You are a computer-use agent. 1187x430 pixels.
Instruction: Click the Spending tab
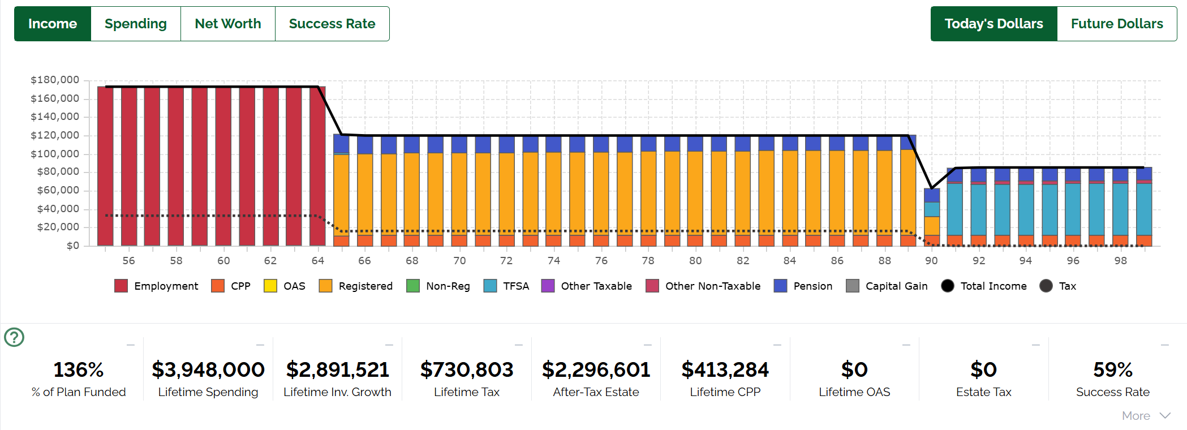(x=136, y=24)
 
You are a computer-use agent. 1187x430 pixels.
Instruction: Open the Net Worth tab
(x=228, y=24)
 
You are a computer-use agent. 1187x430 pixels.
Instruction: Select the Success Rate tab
(x=332, y=24)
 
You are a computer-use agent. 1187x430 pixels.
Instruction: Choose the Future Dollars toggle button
(x=1116, y=24)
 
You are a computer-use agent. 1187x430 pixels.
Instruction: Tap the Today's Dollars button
(x=994, y=24)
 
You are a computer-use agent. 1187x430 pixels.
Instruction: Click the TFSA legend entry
(x=507, y=286)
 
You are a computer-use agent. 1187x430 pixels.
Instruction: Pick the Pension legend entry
(x=803, y=286)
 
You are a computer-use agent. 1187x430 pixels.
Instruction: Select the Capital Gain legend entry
(x=887, y=286)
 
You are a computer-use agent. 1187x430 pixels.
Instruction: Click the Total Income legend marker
(x=948, y=286)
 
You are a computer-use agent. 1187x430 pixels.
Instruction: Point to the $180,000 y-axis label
(x=55, y=80)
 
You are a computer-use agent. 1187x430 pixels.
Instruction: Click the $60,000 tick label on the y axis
(x=58, y=190)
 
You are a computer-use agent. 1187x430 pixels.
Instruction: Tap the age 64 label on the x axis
(x=318, y=260)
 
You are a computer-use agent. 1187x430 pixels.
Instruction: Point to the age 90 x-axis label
(x=931, y=260)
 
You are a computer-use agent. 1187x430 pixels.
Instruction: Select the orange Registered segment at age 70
(x=459, y=192)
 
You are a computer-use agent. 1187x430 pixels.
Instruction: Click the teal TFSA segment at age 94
(x=1026, y=209)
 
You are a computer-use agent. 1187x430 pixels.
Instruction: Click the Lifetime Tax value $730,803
(x=467, y=369)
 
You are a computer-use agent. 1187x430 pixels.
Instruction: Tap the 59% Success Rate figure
(x=1112, y=369)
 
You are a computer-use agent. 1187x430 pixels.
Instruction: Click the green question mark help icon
(x=14, y=337)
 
